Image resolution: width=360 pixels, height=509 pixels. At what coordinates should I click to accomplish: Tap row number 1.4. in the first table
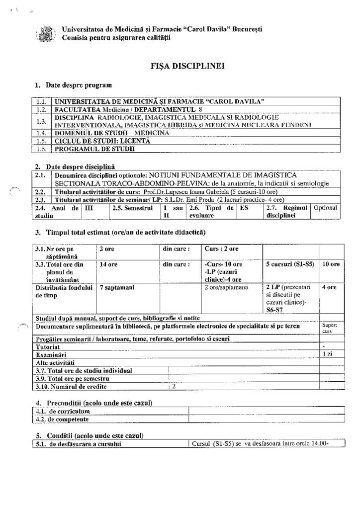(42, 133)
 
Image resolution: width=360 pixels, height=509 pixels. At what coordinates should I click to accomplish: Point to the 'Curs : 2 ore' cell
(222, 249)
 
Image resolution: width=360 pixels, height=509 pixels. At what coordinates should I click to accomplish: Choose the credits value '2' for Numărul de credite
(174, 386)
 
